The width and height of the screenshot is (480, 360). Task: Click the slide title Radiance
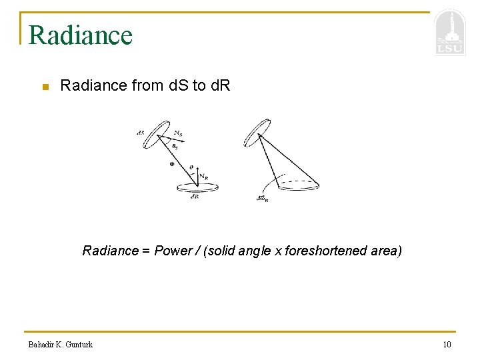(x=81, y=35)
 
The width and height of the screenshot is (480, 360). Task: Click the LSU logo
(x=449, y=33)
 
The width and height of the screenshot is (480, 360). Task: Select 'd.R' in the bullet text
(x=219, y=85)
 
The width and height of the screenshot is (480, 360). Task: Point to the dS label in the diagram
(x=140, y=133)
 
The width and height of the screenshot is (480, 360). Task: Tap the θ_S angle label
(x=175, y=146)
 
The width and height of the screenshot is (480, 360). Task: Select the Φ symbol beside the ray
(x=171, y=163)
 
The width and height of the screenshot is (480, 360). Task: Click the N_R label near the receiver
(x=203, y=177)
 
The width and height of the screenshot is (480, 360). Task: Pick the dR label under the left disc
(x=194, y=197)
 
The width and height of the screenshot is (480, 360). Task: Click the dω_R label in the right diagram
(x=262, y=198)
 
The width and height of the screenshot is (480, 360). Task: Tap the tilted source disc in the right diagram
(x=257, y=132)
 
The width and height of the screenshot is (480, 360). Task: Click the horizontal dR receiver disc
(x=197, y=188)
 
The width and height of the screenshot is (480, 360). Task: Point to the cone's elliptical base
(x=297, y=183)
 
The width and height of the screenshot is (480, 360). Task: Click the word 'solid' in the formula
(x=223, y=251)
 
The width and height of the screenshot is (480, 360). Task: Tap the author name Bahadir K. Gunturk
(x=61, y=344)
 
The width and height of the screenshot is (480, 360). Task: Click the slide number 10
(x=446, y=344)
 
